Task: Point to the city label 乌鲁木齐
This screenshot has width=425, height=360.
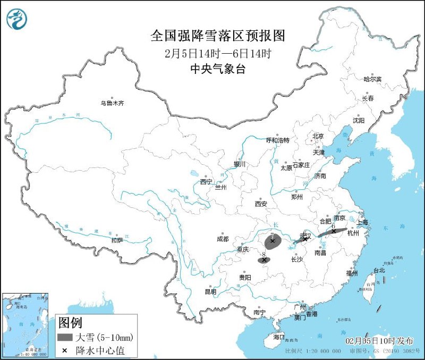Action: click(113, 103)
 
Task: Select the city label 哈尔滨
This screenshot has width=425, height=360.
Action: click(372, 79)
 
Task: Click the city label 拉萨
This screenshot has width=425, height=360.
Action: click(117, 240)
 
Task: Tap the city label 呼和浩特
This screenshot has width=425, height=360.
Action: click(277, 140)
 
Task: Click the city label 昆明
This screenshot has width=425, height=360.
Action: click(210, 291)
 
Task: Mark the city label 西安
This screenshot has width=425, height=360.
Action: click(260, 204)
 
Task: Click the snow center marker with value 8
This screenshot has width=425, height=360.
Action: click(264, 260)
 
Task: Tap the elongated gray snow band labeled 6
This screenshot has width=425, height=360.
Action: click(333, 232)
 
